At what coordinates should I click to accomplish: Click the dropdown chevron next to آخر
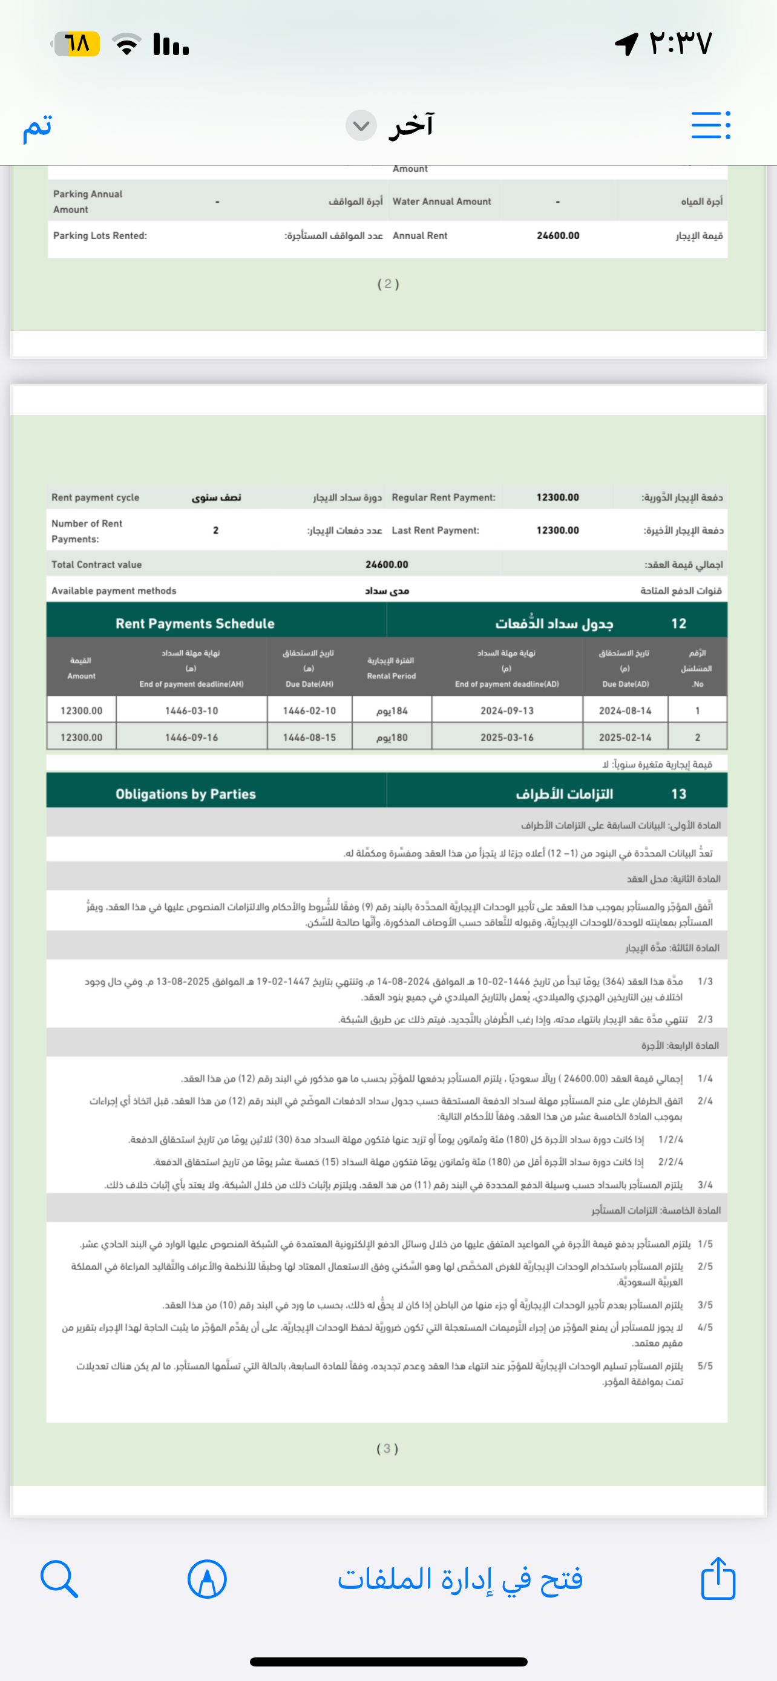coord(361,125)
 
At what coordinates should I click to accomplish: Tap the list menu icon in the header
coord(710,125)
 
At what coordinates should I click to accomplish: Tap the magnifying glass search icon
coord(59,1579)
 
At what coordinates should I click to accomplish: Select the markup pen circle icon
coord(207,1579)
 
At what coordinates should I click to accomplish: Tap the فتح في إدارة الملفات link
coord(460,1579)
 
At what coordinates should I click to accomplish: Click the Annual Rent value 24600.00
coord(558,235)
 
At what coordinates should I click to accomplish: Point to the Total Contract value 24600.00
coord(387,565)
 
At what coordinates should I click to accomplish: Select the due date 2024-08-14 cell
coord(625,710)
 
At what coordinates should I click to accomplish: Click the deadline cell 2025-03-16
coord(507,738)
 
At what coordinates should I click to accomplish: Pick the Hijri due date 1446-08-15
coord(309,738)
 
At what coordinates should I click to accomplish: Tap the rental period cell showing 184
coord(392,710)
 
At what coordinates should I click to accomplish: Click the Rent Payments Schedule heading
coord(195,623)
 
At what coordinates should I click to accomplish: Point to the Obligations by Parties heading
coord(186,794)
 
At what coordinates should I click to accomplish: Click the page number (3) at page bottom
coord(387,1449)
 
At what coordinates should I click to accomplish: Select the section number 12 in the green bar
coord(678,623)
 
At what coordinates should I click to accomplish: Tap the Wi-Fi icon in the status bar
coord(126,44)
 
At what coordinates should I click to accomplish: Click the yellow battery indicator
coord(77,44)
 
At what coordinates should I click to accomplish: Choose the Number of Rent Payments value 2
coord(216,531)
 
